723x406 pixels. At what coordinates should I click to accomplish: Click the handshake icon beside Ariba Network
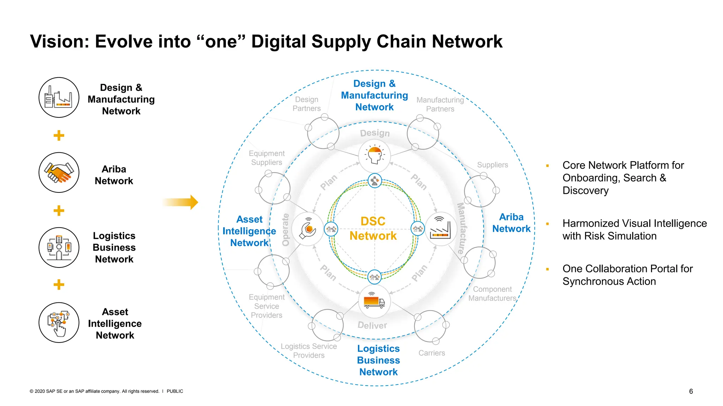tap(59, 172)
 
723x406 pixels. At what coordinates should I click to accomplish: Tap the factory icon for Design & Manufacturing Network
tap(59, 98)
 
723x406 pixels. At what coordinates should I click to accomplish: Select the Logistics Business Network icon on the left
tap(59, 247)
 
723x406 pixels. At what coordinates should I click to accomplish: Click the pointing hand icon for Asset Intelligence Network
tap(59, 322)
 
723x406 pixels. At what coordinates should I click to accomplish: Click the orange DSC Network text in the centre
tap(373, 228)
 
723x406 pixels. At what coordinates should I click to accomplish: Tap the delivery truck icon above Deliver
tap(374, 302)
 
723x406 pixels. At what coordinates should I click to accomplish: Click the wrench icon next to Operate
tap(308, 229)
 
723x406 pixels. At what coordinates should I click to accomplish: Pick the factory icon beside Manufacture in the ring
tap(441, 229)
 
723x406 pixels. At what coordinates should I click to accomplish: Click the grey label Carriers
tap(431, 353)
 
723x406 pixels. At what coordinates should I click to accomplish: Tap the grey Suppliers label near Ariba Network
tap(492, 165)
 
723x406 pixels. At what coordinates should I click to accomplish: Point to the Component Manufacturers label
tap(492, 294)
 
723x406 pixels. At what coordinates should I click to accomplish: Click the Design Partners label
tap(306, 104)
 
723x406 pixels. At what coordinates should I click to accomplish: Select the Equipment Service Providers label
tap(267, 306)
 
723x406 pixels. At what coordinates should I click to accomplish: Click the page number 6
tap(691, 391)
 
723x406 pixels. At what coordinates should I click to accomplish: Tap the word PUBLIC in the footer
tap(175, 391)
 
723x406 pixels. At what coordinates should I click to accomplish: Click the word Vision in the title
tap(59, 42)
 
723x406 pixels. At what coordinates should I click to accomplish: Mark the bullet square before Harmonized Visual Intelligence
tap(548, 224)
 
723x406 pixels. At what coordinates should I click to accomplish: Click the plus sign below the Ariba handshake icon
tap(59, 211)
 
